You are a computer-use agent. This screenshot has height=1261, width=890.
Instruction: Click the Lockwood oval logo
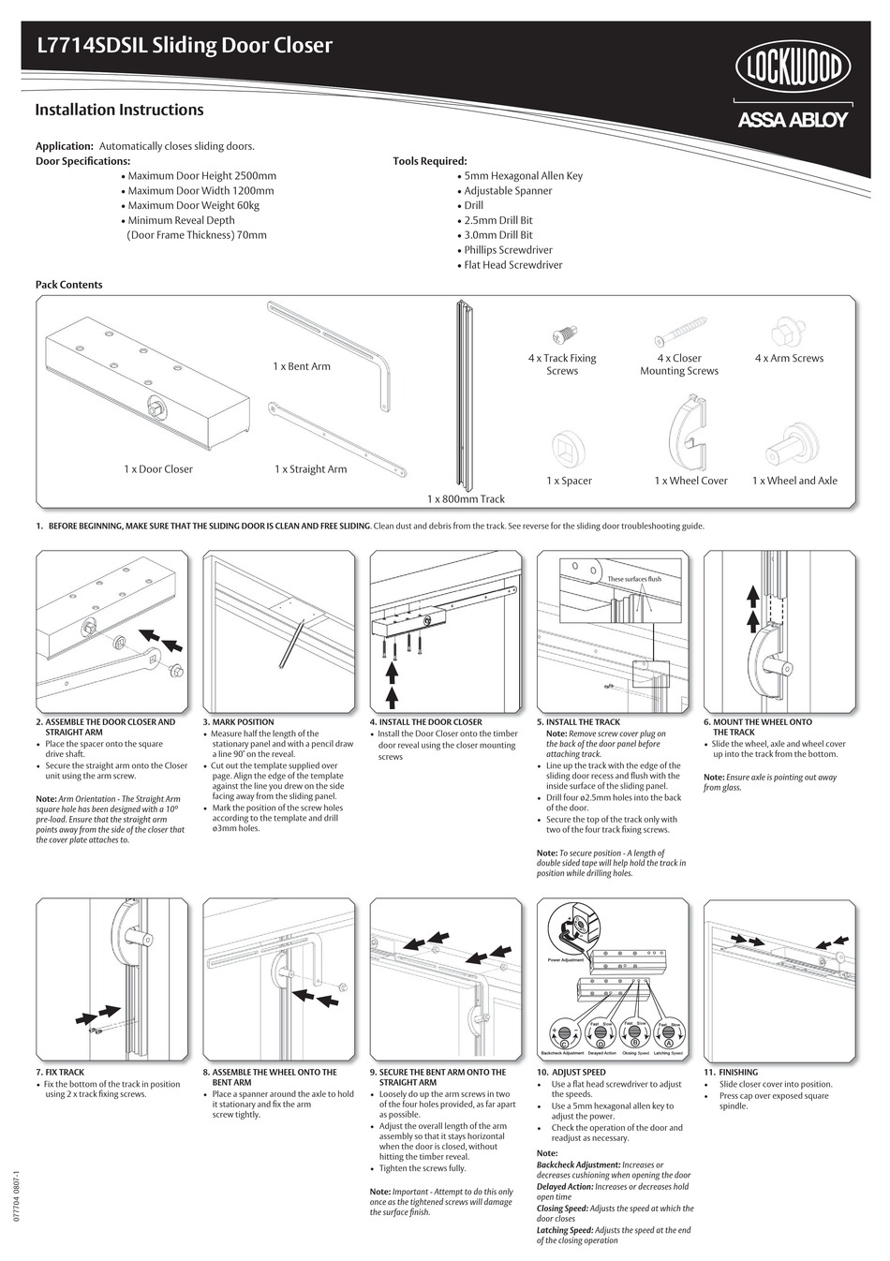coord(792,68)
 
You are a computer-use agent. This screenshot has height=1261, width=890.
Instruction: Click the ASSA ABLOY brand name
coord(792,120)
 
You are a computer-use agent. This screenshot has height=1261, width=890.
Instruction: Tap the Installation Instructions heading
coord(119,110)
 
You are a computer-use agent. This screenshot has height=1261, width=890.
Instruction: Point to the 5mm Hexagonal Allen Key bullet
coord(522,175)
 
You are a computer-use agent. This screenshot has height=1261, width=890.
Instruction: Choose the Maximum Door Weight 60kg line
coord(192,205)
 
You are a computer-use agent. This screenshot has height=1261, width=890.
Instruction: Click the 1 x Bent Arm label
coord(301,366)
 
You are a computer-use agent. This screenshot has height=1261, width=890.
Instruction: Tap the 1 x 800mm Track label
coord(466,499)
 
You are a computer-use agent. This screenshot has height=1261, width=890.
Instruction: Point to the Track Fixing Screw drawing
coord(562,333)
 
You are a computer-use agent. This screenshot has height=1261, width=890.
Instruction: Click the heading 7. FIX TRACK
coord(60,1073)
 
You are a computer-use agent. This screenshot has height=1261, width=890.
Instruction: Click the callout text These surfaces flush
coord(633,579)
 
